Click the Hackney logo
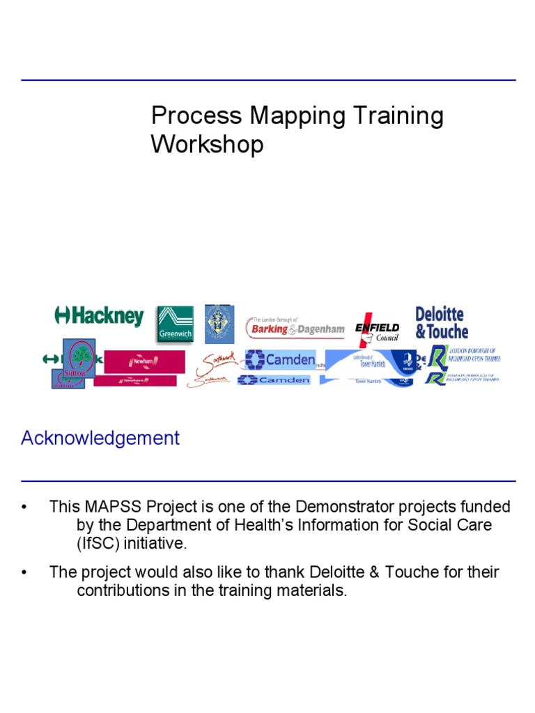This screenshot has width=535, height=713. (x=99, y=317)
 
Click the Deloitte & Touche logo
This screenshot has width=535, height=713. (x=442, y=323)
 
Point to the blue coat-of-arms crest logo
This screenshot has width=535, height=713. (x=219, y=324)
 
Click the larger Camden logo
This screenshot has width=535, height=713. (x=281, y=360)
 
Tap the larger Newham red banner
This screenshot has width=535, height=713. (x=145, y=361)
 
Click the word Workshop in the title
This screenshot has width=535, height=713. (x=208, y=145)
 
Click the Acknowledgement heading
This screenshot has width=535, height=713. (x=100, y=438)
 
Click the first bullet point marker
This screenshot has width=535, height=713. (x=25, y=507)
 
